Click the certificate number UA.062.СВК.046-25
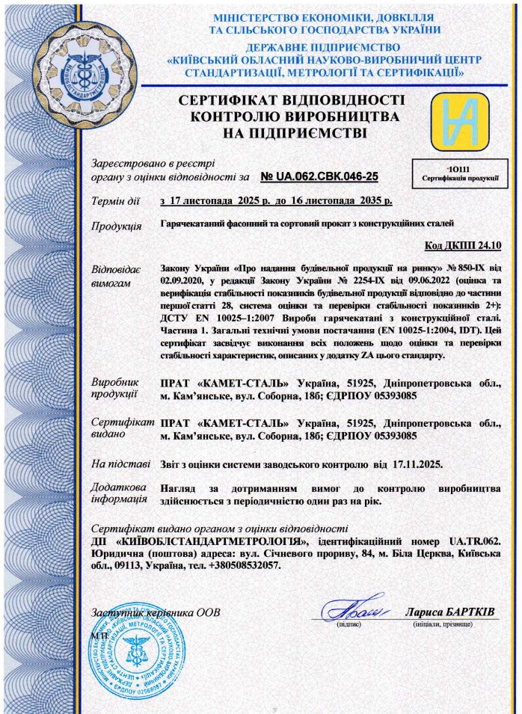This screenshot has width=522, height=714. pos(320,176)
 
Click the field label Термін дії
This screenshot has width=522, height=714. pos(114,201)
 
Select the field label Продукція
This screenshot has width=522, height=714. pos(116,227)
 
